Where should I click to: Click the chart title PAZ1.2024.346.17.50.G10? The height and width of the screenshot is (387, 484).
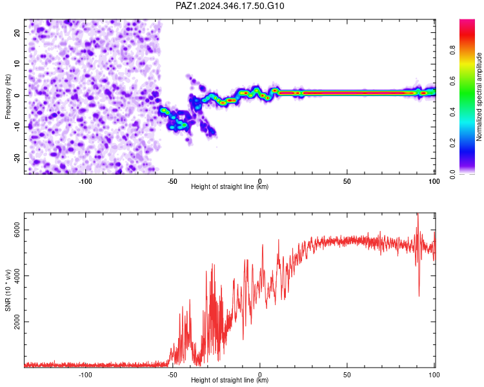[230, 6]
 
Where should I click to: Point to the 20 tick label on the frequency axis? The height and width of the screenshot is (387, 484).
[17, 33]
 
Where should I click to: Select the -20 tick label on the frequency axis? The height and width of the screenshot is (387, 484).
[17, 158]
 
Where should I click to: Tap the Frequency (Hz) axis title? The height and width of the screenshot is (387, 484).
[8, 97]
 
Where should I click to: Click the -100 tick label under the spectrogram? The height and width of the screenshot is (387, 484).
[85, 181]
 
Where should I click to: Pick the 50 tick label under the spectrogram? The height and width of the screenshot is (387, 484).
[347, 181]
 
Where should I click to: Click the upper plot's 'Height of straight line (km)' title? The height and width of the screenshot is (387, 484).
[230, 186]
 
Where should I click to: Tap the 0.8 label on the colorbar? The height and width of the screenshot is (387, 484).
[452, 50]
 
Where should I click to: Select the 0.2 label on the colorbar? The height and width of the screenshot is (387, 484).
[452, 143]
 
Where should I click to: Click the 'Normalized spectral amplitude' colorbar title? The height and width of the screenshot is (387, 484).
[479, 97]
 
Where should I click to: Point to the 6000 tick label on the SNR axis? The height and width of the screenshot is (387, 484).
[17, 230]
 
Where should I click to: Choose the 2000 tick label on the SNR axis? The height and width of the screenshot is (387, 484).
[17, 322]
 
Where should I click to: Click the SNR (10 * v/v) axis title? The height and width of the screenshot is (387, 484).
[8, 290]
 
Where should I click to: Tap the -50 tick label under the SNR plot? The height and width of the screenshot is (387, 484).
[172, 375]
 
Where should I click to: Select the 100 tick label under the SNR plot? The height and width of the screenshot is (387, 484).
[434, 375]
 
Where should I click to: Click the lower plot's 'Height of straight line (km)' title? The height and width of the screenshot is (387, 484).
[230, 380]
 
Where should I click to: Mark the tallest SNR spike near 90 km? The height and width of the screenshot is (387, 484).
[418, 213]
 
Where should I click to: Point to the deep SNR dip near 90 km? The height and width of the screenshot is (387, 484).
[419, 296]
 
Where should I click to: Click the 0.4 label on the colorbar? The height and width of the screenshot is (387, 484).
[452, 112]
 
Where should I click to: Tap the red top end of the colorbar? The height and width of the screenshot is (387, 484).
[467, 21]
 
